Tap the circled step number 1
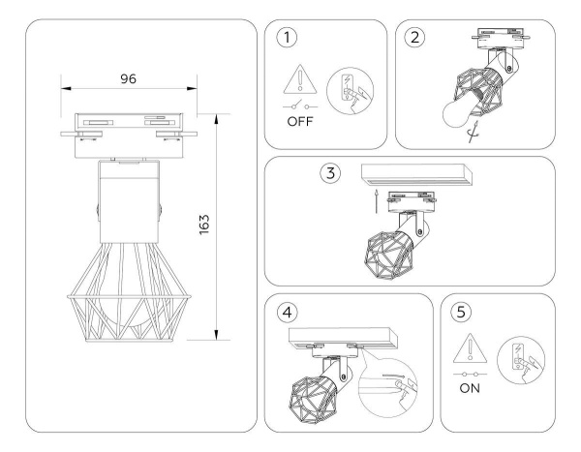point(286,39)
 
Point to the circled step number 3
point(331,174)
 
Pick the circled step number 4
point(286,314)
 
